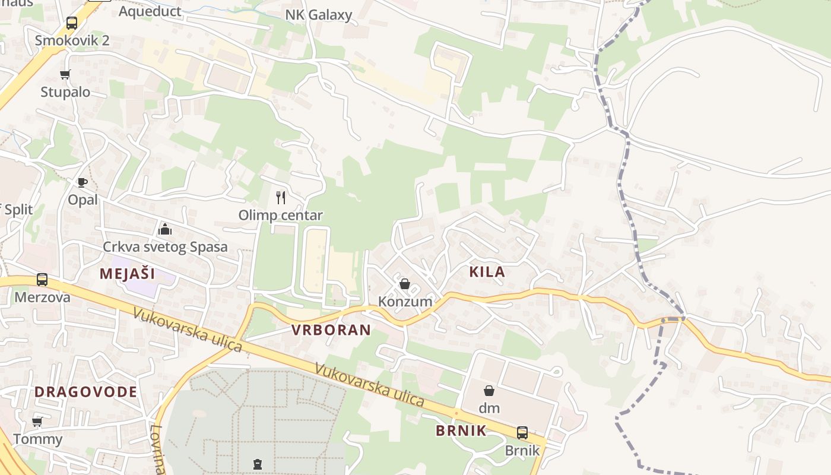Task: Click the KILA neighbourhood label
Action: pyautogui.click(x=487, y=272)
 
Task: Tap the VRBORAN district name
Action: pyautogui.click(x=331, y=330)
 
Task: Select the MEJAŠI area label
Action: pyautogui.click(x=127, y=274)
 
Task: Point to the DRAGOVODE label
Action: pyautogui.click(x=85, y=392)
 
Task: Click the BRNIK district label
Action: pyautogui.click(x=461, y=431)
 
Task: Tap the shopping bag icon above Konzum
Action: pyautogui.click(x=405, y=284)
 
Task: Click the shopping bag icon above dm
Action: pyautogui.click(x=489, y=391)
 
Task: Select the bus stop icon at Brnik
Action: pyautogui.click(x=522, y=433)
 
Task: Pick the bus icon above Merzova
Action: pyautogui.click(x=42, y=280)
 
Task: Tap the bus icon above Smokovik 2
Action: pyautogui.click(x=72, y=23)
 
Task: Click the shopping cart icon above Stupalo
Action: pyautogui.click(x=65, y=75)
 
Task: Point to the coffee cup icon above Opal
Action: pyautogui.click(x=83, y=182)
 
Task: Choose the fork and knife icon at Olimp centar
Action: pyautogui.click(x=281, y=197)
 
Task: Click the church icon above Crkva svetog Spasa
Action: pyautogui.click(x=164, y=229)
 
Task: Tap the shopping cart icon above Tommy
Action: pyautogui.click(x=37, y=422)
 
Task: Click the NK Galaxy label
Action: pyautogui.click(x=319, y=15)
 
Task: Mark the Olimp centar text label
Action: pyautogui.click(x=281, y=215)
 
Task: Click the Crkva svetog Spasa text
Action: pyautogui.click(x=165, y=247)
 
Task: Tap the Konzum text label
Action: pyautogui.click(x=405, y=302)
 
